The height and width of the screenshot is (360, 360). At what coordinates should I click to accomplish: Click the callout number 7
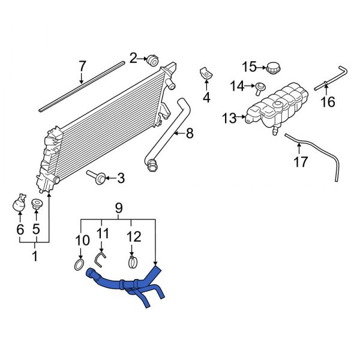(82, 65)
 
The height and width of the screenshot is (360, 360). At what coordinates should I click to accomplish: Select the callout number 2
(133, 58)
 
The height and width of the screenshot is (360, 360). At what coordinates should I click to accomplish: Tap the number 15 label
(249, 66)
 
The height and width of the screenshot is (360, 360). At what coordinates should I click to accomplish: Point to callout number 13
(230, 119)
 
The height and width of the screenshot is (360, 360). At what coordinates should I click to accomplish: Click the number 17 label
(301, 161)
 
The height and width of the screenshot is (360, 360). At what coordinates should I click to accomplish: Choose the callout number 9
(118, 208)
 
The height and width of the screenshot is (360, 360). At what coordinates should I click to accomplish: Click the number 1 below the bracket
(34, 257)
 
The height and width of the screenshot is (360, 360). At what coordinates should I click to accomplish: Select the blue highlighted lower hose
(129, 282)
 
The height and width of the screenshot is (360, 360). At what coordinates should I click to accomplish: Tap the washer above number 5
(36, 204)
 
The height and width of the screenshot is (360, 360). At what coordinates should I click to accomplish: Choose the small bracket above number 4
(205, 73)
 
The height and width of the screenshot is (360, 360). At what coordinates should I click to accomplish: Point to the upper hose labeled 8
(174, 126)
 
